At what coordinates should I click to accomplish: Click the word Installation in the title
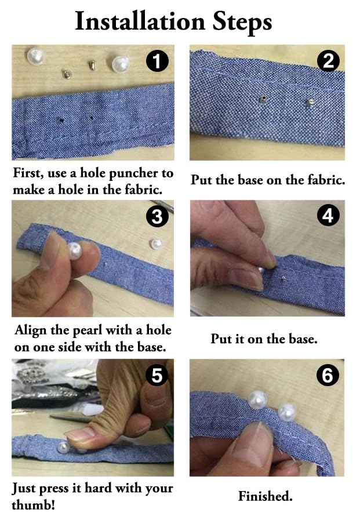coord(140,21)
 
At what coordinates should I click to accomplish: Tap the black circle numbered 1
coord(157,61)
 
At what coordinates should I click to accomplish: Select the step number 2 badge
coord(329,60)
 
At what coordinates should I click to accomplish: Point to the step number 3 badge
coord(157,216)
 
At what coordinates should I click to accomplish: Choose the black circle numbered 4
coord(328,215)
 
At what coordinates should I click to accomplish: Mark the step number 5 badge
coord(157,376)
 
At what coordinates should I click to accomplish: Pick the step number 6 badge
coord(328,375)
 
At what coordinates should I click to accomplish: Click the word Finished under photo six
coord(266,496)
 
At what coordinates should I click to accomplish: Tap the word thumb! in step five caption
coord(33,504)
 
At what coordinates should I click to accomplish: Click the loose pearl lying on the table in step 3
coord(156,244)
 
